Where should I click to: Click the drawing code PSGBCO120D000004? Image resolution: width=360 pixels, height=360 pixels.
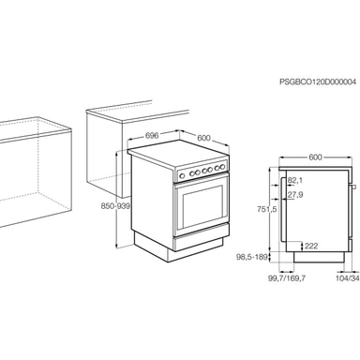pyautogui.click(x=318, y=82)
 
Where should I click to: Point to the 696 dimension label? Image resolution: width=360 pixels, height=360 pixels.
pyautogui.click(x=152, y=135)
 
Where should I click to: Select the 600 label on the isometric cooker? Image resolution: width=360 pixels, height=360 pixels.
pyautogui.click(x=203, y=138)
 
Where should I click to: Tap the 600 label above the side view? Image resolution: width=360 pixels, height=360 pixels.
pyautogui.click(x=315, y=157)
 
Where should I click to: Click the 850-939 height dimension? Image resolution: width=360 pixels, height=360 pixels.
pyautogui.click(x=115, y=206)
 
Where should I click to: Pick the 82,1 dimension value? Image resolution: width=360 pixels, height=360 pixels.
pyautogui.click(x=295, y=180)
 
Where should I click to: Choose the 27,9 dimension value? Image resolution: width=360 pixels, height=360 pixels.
pyautogui.click(x=295, y=195)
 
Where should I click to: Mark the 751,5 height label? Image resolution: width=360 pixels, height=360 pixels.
pyautogui.click(x=266, y=209)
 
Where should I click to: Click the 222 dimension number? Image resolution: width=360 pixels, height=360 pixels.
pyautogui.click(x=311, y=247)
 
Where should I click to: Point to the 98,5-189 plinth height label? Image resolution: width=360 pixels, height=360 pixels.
pyautogui.click(x=252, y=257)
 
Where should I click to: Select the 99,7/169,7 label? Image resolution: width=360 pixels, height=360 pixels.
pyautogui.click(x=287, y=277)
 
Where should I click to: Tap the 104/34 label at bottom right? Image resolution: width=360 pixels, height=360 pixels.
pyautogui.click(x=348, y=277)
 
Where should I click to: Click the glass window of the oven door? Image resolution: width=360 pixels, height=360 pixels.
pyautogui.click(x=202, y=206)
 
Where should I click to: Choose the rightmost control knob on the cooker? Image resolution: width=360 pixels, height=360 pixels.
pyautogui.click(x=223, y=166)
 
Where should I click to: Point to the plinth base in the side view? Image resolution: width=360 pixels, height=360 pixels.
pyautogui.click(x=319, y=257)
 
